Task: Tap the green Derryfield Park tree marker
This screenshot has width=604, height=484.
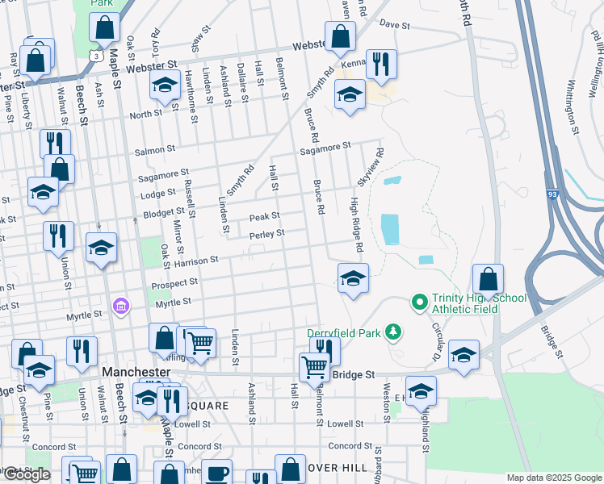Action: pos(393,332)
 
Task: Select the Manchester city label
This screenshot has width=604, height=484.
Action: pos(136,373)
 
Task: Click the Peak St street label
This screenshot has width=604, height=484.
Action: pos(264,216)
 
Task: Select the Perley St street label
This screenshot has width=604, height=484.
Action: pos(267,233)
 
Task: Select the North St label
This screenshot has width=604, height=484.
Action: pos(146,115)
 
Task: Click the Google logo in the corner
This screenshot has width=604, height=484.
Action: pos(27,474)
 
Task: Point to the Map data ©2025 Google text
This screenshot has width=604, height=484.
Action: pos(553,478)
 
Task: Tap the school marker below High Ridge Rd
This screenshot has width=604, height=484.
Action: pos(353,278)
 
